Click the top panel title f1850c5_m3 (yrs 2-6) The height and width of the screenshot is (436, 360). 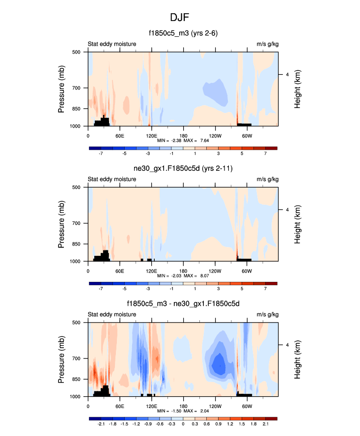[183, 34]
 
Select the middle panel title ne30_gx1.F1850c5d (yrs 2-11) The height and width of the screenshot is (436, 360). [183, 169]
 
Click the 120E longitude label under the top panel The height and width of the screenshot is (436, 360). [151, 136]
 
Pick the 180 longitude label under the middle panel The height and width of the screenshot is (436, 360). [183, 271]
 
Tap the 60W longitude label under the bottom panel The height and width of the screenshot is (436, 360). [247, 406]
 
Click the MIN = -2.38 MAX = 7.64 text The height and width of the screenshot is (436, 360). [183, 140]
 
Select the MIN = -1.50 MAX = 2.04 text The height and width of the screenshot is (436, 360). [183, 411]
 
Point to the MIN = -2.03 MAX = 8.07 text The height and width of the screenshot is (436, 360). [183, 276]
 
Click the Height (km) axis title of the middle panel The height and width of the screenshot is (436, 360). [298, 224]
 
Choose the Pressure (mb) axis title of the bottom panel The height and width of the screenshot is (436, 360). [61, 359]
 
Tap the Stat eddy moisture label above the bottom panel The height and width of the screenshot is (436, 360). [112, 315]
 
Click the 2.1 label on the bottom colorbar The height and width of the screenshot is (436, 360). [265, 423]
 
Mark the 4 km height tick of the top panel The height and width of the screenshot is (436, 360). [287, 74]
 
